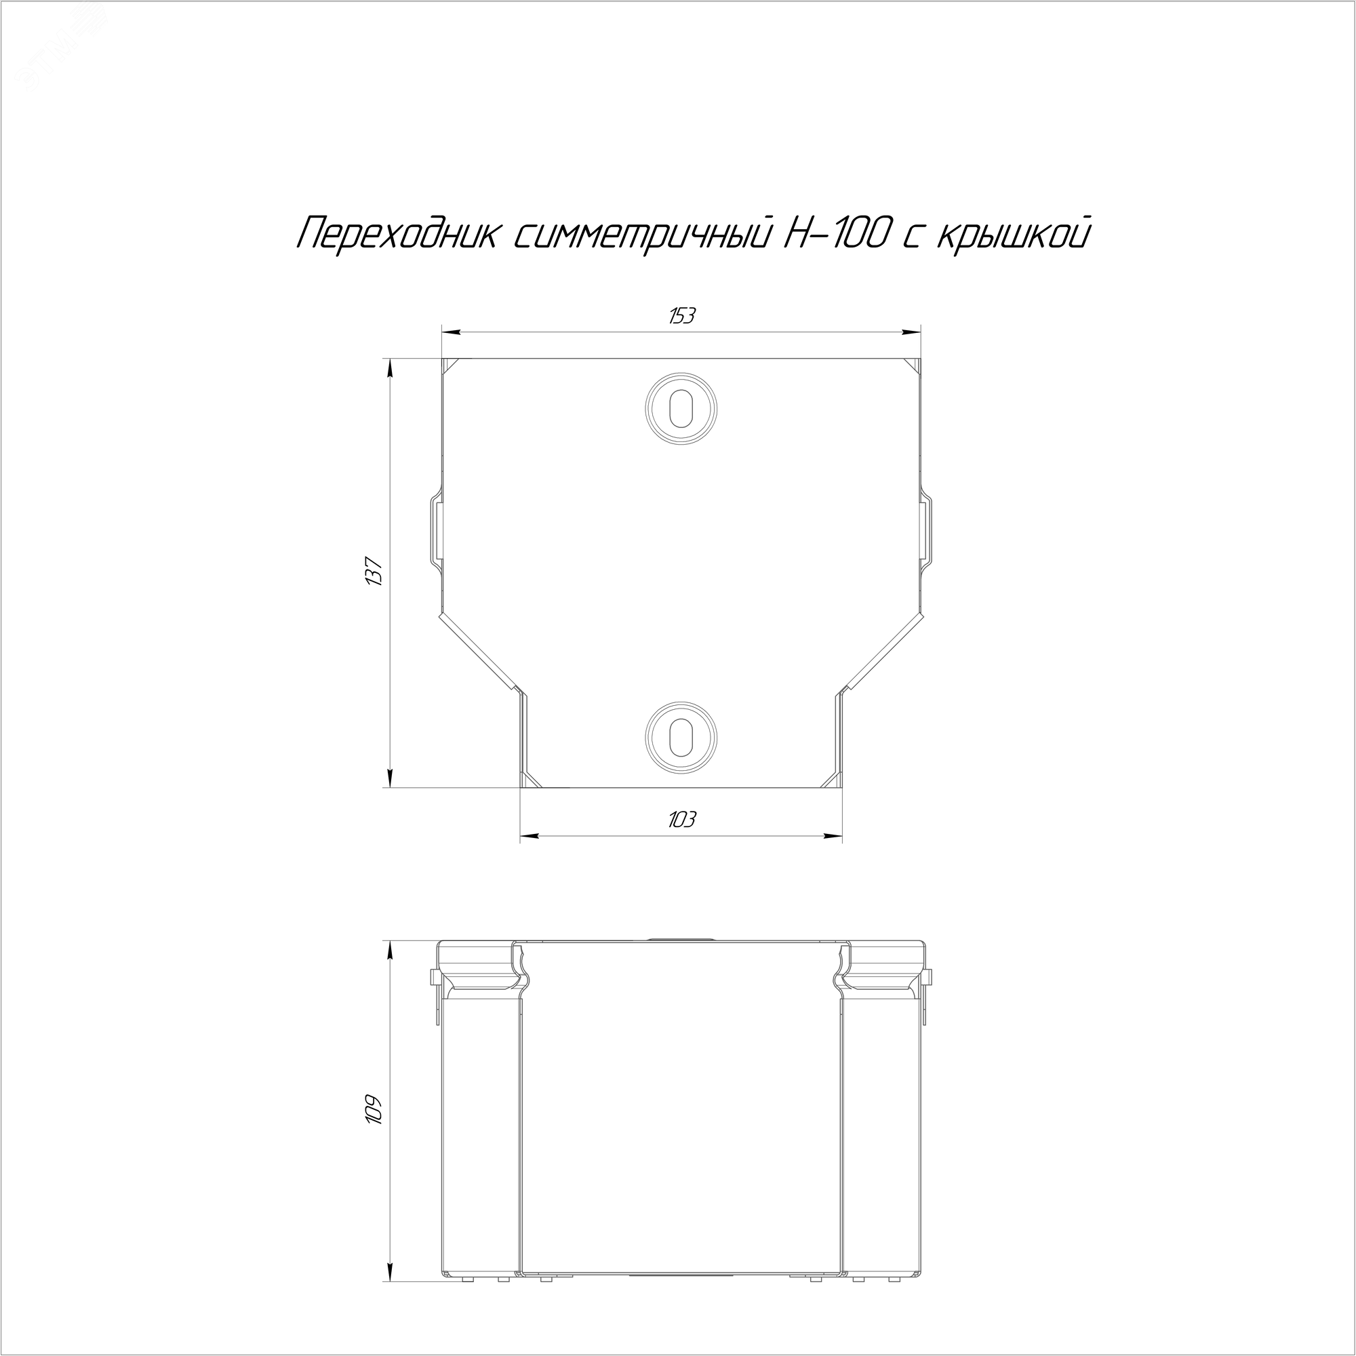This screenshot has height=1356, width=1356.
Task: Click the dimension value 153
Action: (681, 317)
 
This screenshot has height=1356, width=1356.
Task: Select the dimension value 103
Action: (681, 820)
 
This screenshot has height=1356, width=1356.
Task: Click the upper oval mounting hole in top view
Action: (681, 407)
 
